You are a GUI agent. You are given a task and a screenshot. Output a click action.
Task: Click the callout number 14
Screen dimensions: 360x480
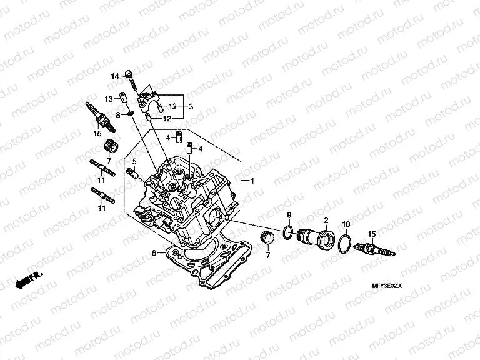tap(115, 76)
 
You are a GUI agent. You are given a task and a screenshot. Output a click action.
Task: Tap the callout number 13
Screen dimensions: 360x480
tap(108, 99)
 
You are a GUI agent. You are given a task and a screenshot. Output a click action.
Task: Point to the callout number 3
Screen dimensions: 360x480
tap(191, 106)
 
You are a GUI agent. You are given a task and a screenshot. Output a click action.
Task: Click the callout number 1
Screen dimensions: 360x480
tap(252, 181)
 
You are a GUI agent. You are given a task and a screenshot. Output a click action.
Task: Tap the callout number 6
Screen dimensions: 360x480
tap(154, 253)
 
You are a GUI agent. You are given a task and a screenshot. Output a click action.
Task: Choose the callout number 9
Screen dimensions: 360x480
tap(289, 216)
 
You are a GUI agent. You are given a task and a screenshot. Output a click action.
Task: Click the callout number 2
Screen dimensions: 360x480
tap(326, 221)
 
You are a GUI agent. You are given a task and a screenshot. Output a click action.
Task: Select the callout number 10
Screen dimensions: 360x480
tap(346, 224)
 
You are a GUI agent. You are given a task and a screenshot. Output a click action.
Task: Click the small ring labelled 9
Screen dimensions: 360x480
tap(287, 233)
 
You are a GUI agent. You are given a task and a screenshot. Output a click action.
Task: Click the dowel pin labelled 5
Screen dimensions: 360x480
tap(132, 172)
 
